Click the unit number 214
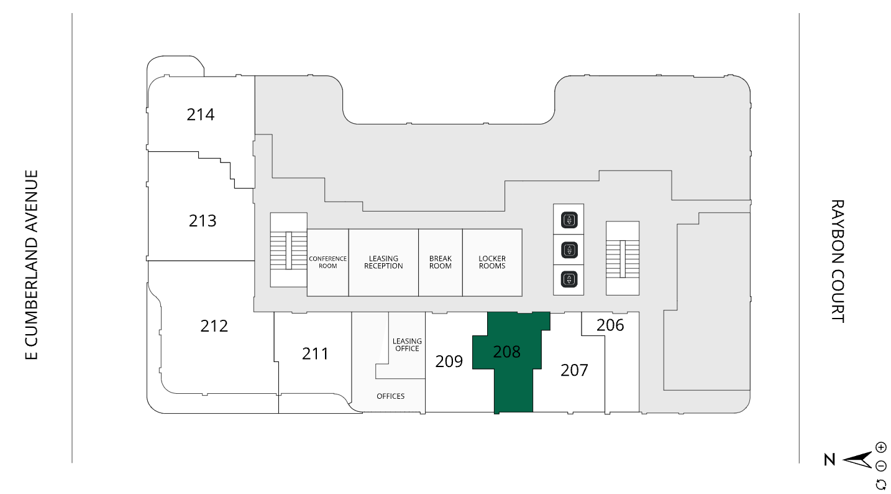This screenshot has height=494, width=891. tap(201, 114)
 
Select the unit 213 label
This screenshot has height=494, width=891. tap(203, 220)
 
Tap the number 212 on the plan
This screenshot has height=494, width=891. tap(214, 325)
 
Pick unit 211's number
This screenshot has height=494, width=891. tap(315, 353)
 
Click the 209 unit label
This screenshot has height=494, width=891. tap(449, 361)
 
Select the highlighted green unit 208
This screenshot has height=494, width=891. tap(507, 352)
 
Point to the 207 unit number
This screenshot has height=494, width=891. tap(574, 370)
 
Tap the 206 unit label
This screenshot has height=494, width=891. tap(610, 325)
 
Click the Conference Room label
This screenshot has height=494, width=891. tap(327, 262)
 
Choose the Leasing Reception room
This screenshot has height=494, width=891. tap(383, 262)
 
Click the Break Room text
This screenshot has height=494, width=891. tap(440, 262)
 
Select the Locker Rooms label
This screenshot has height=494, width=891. tap(492, 262)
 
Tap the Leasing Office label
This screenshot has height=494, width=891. tap(407, 345)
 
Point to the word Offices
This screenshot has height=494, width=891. tap(390, 396)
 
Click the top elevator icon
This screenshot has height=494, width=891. tap(569, 220)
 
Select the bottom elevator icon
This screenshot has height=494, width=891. tap(569, 279)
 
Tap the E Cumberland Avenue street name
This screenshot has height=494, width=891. tap(32, 264)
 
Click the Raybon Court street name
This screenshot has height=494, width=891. tap(838, 261)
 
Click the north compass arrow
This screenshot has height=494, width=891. tap(857, 460)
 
